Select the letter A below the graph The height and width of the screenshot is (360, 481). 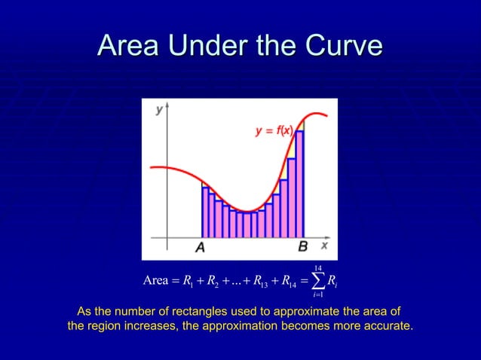pos(201,247)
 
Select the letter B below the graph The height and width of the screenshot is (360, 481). pos(302,246)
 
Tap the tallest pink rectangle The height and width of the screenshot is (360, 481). pos(299,185)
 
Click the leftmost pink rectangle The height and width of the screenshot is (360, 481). pos(205,212)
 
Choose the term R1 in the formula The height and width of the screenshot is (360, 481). pos(183,282)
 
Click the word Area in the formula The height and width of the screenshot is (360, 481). pos(155,281)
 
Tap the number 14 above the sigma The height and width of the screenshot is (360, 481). pos(318,267)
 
